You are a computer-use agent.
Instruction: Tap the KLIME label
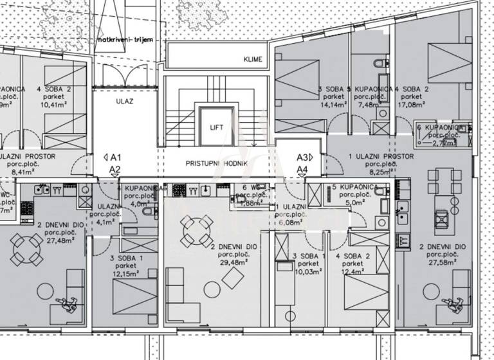click(253, 60)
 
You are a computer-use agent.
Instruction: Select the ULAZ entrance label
click(124, 101)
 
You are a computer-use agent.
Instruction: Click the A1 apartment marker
click(116, 157)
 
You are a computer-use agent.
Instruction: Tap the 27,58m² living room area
click(442, 262)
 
